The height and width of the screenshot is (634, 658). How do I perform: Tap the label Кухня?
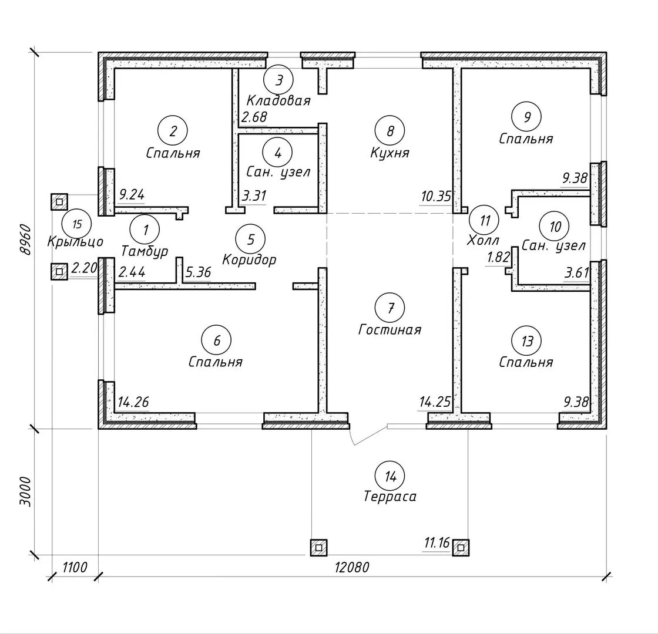[390, 153]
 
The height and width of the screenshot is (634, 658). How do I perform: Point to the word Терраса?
[390, 497]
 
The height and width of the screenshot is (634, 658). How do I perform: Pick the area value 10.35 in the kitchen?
[435, 195]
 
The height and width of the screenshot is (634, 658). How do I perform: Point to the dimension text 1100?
[74, 568]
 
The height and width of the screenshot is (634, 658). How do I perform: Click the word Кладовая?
[278, 100]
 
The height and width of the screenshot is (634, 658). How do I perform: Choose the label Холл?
[483, 240]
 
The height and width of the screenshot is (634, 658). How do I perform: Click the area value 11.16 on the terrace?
[437, 544]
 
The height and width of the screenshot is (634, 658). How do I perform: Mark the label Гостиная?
[390, 329]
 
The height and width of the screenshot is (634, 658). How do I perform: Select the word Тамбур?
[144, 251]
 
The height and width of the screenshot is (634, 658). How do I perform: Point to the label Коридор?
[249, 259]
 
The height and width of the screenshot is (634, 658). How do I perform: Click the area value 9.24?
[132, 195]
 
